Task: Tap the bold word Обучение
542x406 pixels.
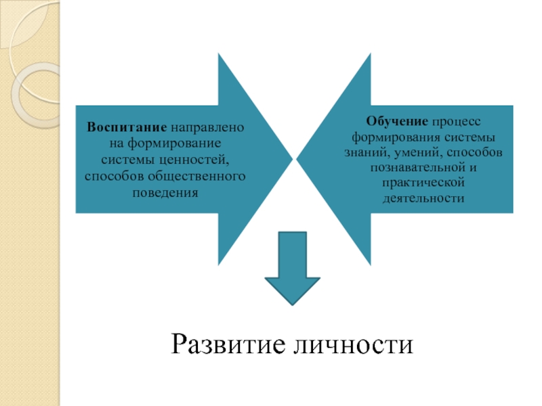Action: [x=397, y=121]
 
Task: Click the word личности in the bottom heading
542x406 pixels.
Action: [x=356, y=343]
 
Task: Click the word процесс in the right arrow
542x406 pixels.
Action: [x=456, y=121]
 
